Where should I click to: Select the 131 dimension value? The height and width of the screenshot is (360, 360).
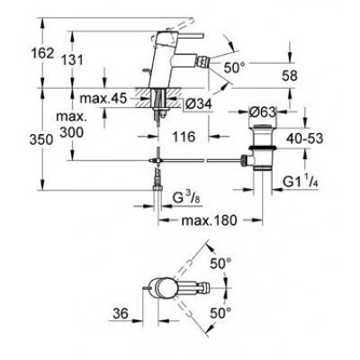(x=72, y=60)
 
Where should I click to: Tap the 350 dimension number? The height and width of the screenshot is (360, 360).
(x=41, y=139)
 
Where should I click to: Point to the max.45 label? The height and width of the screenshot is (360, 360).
(x=103, y=98)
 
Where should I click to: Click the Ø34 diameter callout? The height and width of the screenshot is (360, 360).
(x=198, y=104)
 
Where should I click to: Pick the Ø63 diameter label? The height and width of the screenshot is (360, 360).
(x=263, y=112)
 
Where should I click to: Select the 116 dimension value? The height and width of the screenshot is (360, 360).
(x=184, y=137)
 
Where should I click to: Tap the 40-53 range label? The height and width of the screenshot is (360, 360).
(x=304, y=139)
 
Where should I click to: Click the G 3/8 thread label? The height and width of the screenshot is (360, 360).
(x=185, y=197)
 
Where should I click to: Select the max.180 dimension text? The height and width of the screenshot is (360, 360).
(x=209, y=220)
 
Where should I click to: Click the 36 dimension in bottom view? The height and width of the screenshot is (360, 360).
(x=121, y=314)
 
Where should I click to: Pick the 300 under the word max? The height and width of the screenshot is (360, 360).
(x=71, y=131)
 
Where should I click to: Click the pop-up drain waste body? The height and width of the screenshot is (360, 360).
(x=263, y=147)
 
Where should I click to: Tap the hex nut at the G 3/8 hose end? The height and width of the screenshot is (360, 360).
(x=157, y=188)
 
